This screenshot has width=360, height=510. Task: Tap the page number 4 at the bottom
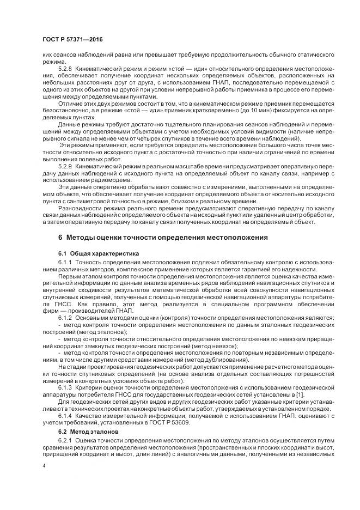44,466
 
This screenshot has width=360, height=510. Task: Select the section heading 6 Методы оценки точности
163,238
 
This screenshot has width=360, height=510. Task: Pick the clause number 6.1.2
65,317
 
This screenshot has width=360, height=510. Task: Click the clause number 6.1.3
65,388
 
